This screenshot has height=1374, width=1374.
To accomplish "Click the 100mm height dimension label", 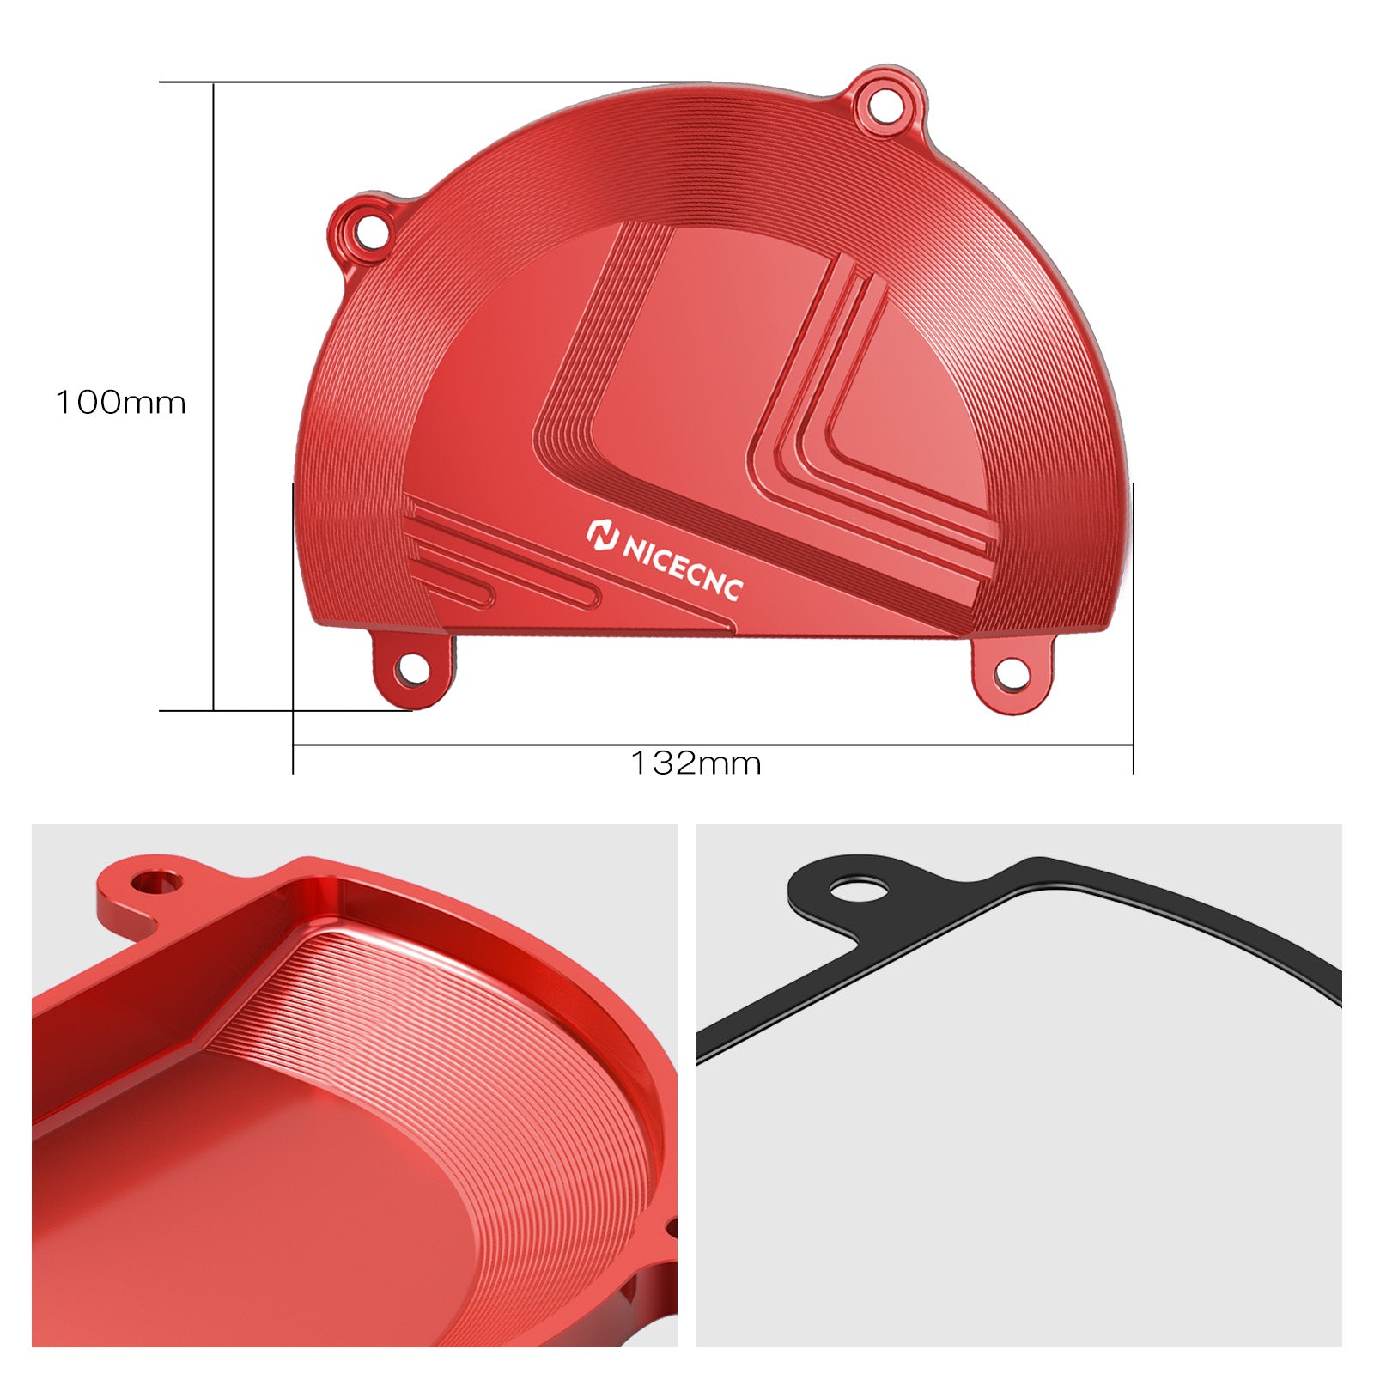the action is [x=121, y=403].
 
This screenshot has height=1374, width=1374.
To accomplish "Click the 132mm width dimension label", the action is [x=696, y=763].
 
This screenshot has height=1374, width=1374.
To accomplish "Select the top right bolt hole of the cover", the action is [x=885, y=105].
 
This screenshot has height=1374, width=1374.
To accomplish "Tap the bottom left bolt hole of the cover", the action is [x=414, y=669].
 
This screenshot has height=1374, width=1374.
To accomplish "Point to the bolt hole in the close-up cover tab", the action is [x=156, y=881].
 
